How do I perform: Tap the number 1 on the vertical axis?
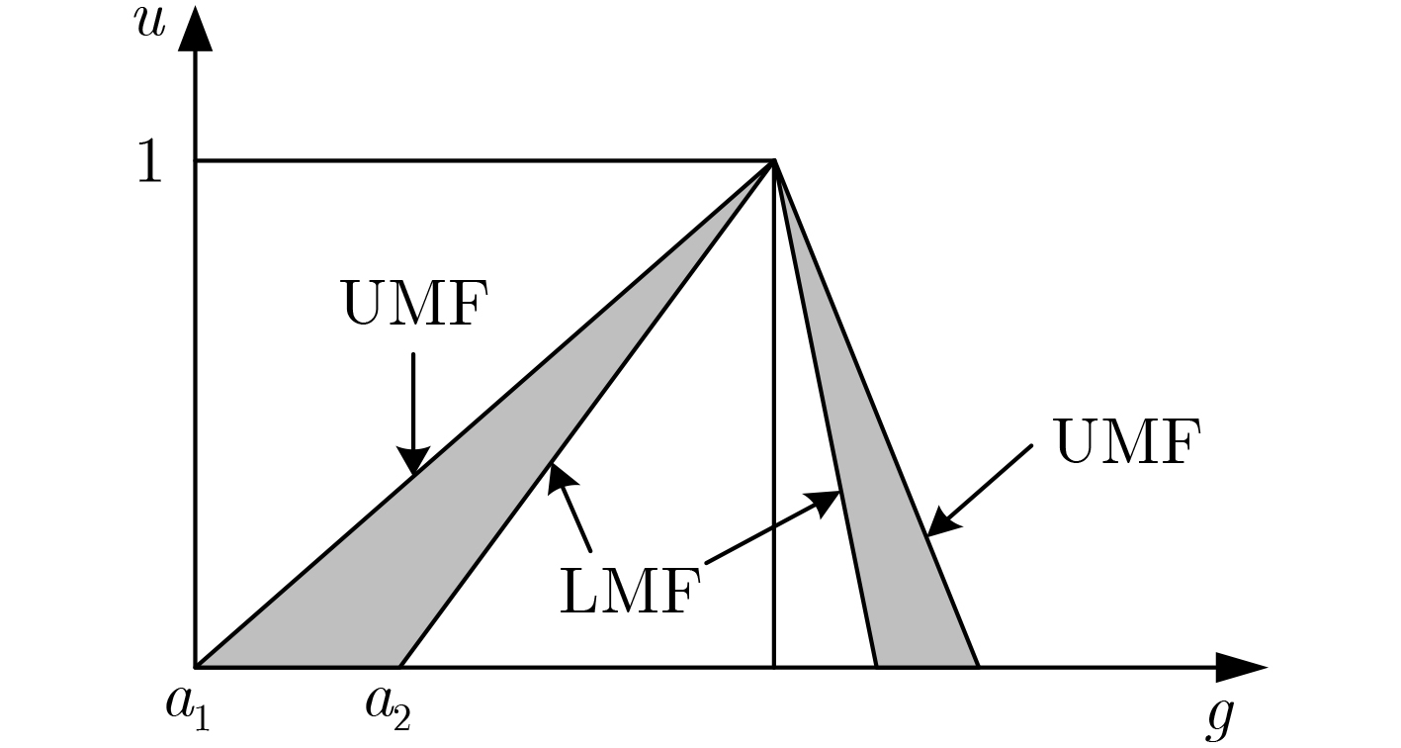(x=148, y=161)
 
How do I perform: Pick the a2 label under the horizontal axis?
(x=387, y=708)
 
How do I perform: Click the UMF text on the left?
(x=415, y=305)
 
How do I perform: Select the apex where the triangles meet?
(x=774, y=161)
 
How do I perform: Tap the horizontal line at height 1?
(x=475, y=161)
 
